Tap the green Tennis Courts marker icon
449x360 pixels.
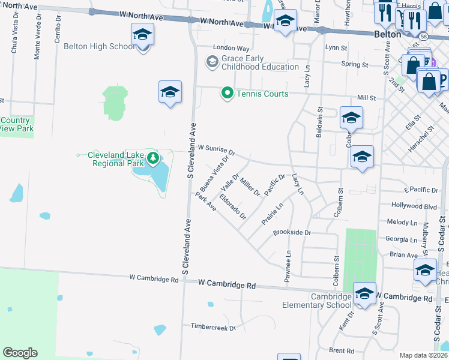227,93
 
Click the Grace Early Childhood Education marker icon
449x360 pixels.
211,61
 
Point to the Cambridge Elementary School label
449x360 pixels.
317,301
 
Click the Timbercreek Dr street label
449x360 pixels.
213,327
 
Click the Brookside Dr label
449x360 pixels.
292,232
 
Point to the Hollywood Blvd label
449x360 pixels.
414,205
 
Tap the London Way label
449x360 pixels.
231,48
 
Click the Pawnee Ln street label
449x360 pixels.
288,264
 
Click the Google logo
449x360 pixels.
20,353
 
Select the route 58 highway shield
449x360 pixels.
424,37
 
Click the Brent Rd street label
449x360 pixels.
341,350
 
